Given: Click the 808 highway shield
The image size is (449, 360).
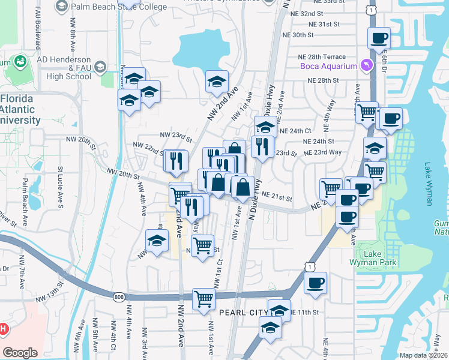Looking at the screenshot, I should (118, 296).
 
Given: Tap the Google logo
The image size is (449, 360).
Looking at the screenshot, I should (20, 352).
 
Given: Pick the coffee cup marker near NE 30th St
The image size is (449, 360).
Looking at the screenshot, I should (379, 38).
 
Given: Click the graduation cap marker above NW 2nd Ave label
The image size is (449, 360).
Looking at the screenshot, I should (217, 82).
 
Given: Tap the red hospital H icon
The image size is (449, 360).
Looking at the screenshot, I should (3, 329).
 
